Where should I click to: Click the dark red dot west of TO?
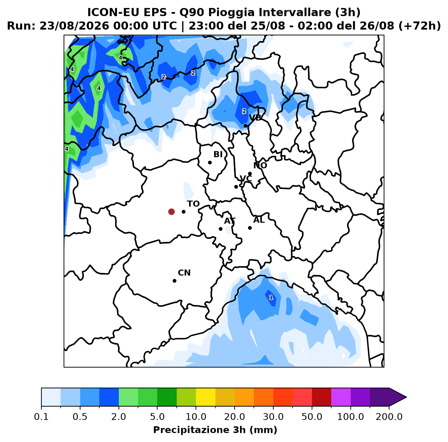pos(171,212)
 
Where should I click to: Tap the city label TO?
pos(194,204)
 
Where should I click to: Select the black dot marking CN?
pos(174,281)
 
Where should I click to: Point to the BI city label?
pos(218,154)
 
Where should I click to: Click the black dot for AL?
pos(250,228)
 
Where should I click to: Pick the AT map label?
pos(230,221)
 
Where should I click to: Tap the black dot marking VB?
pos(245,126)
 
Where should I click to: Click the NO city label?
pos(260,165)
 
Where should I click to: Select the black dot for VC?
pos(236,187)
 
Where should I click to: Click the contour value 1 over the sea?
pos(271,297)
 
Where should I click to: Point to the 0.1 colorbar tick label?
pos(41,417)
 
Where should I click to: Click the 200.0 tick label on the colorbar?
pos(389,417)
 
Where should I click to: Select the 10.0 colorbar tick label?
pos(196,417)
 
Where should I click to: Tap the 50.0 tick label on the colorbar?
pos(312,417)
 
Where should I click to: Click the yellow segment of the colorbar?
pos(206,397)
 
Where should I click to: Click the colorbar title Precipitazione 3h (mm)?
pos(215,430)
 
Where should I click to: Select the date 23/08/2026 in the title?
pos(74,26)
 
